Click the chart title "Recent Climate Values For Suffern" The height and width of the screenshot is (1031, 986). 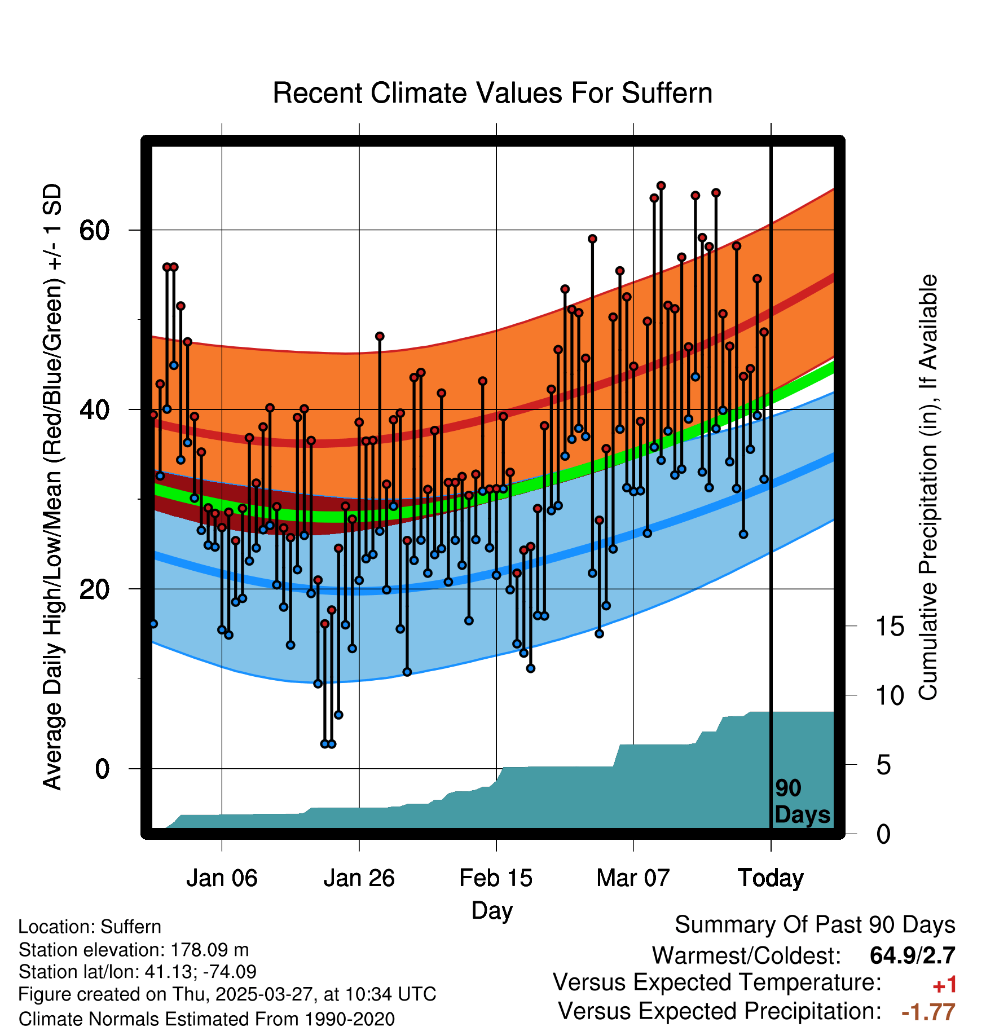pyautogui.click(x=492, y=93)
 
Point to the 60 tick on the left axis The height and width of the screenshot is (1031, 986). pyautogui.click(x=94, y=230)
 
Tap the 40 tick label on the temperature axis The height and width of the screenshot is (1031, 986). pyautogui.click(x=94, y=409)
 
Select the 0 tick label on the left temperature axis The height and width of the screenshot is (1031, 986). pyautogui.click(x=102, y=768)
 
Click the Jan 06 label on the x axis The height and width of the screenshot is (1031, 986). pyautogui.click(x=222, y=878)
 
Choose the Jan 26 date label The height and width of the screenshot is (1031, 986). pyautogui.click(x=359, y=878)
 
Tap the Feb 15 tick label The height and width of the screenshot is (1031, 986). pyautogui.click(x=496, y=878)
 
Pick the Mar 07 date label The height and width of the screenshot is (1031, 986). pyautogui.click(x=633, y=878)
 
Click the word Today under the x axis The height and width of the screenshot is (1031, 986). pyautogui.click(x=771, y=878)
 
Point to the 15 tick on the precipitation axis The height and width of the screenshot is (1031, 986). pyautogui.click(x=890, y=626)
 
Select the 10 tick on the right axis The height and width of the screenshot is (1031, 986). pyautogui.click(x=890, y=695)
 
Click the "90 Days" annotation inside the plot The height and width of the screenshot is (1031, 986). pyautogui.click(x=802, y=801)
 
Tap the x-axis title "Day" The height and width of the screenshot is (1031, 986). pyautogui.click(x=492, y=910)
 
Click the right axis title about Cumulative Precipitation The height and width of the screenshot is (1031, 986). pyautogui.click(x=928, y=487)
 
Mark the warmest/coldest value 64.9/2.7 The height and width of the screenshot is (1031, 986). pyautogui.click(x=912, y=955)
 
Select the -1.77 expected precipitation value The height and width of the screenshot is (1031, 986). pyautogui.click(x=928, y=1012)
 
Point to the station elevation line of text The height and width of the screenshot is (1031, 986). pyautogui.click(x=133, y=950)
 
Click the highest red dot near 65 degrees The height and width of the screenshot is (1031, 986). pyautogui.click(x=661, y=186)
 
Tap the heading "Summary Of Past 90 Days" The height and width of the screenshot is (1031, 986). pyautogui.click(x=815, y=925)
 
